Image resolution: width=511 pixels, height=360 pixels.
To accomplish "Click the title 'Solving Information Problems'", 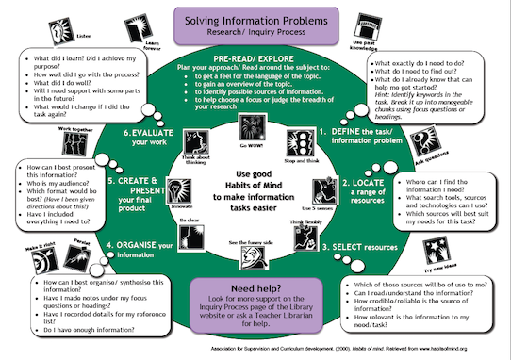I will coord(255,21).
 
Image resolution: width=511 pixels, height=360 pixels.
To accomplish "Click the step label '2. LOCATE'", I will coord(375,182).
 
